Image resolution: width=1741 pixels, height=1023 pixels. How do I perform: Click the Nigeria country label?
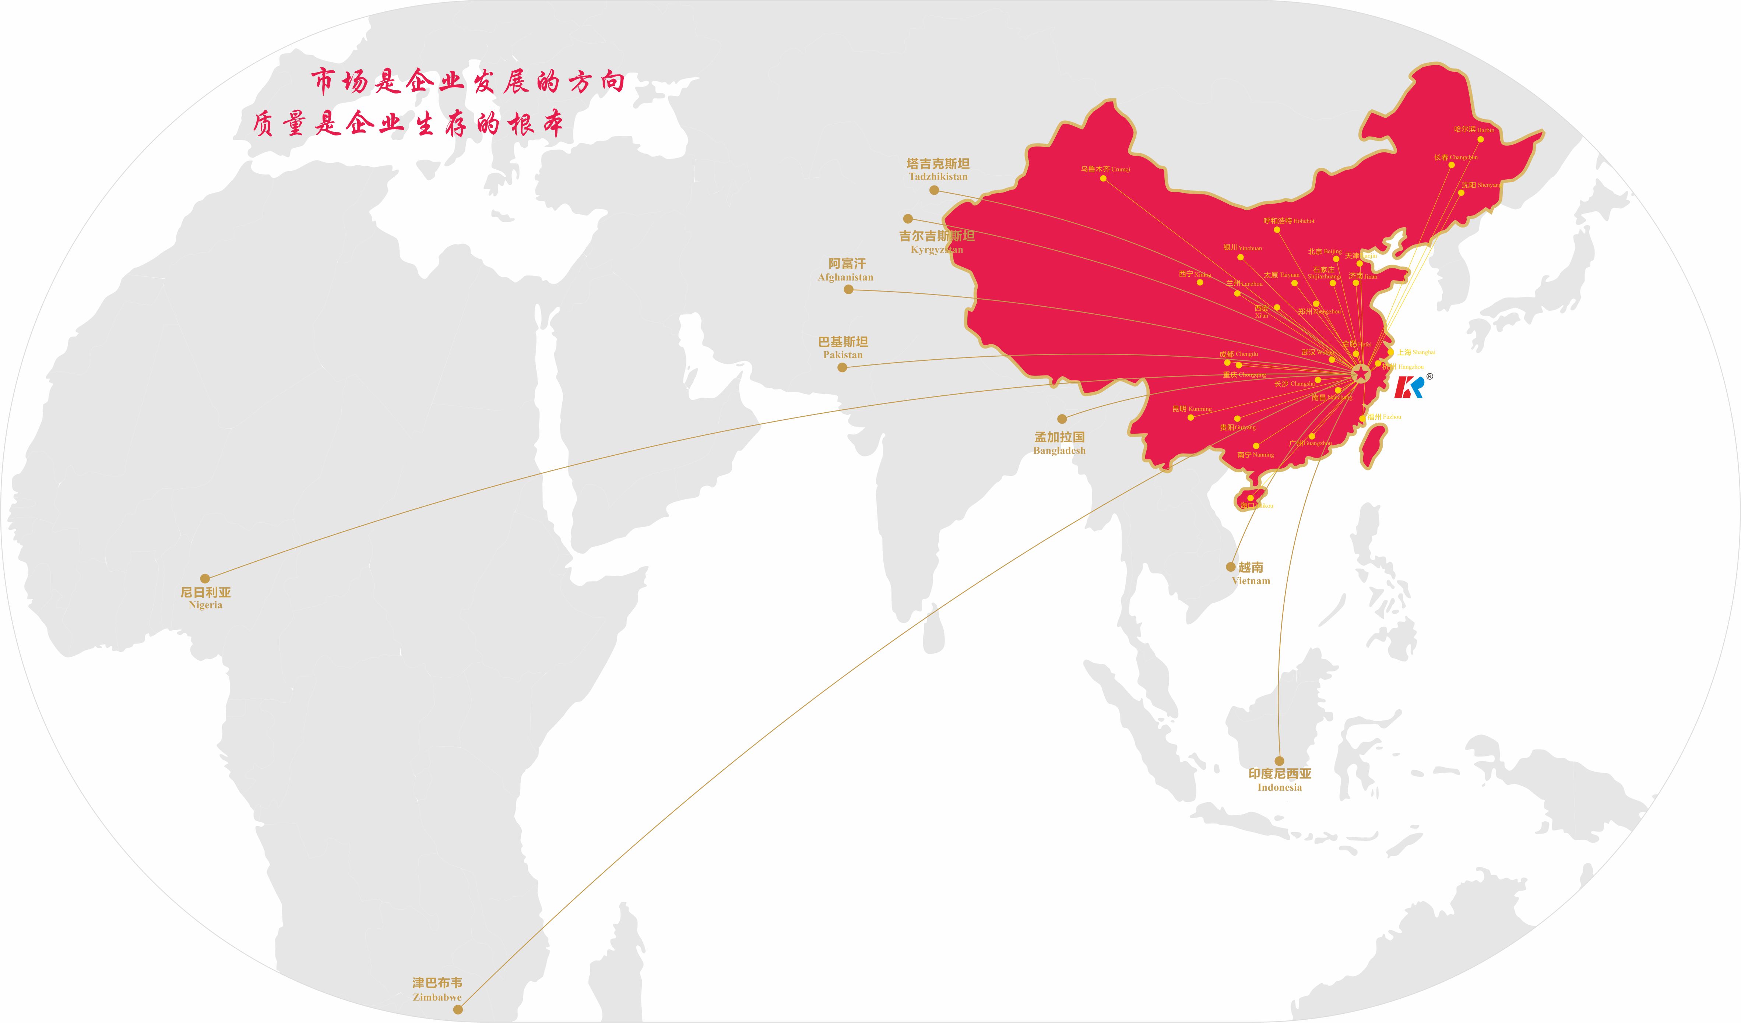tap(205, 598)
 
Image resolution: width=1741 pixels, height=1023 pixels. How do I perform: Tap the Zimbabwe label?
tap(437, 989)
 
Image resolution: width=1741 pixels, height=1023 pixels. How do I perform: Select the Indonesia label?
tap(1280, 780)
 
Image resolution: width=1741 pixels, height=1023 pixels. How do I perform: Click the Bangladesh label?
tap(1059, 444)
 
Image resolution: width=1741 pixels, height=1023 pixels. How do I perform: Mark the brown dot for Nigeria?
tap(204, 579)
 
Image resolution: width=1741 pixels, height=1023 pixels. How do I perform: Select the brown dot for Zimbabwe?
tap(457, 1009)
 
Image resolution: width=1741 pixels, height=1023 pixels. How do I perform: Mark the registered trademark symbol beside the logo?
tap(1429, 377)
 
